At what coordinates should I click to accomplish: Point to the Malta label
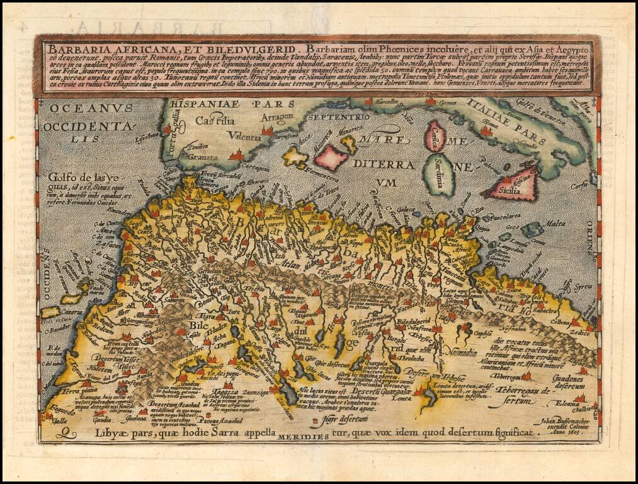[x=554, y=223]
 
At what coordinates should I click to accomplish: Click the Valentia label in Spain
[x=241, y=136]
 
